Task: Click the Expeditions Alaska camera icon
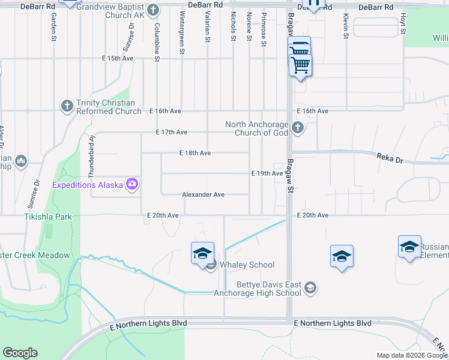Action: [x=132, y=184]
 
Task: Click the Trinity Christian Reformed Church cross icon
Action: [x=67, y=106]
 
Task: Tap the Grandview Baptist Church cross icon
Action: [x=153, y=10]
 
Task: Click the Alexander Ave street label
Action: [x=203, y=194]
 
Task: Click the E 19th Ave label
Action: [x=267, y=173]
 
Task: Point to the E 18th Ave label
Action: [x=195, y=153]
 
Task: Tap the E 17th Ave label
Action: [x=172, y=132]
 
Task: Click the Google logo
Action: [x=20, y=353]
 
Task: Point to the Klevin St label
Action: [x=346, y=28]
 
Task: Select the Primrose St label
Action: [x=263, y=31]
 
